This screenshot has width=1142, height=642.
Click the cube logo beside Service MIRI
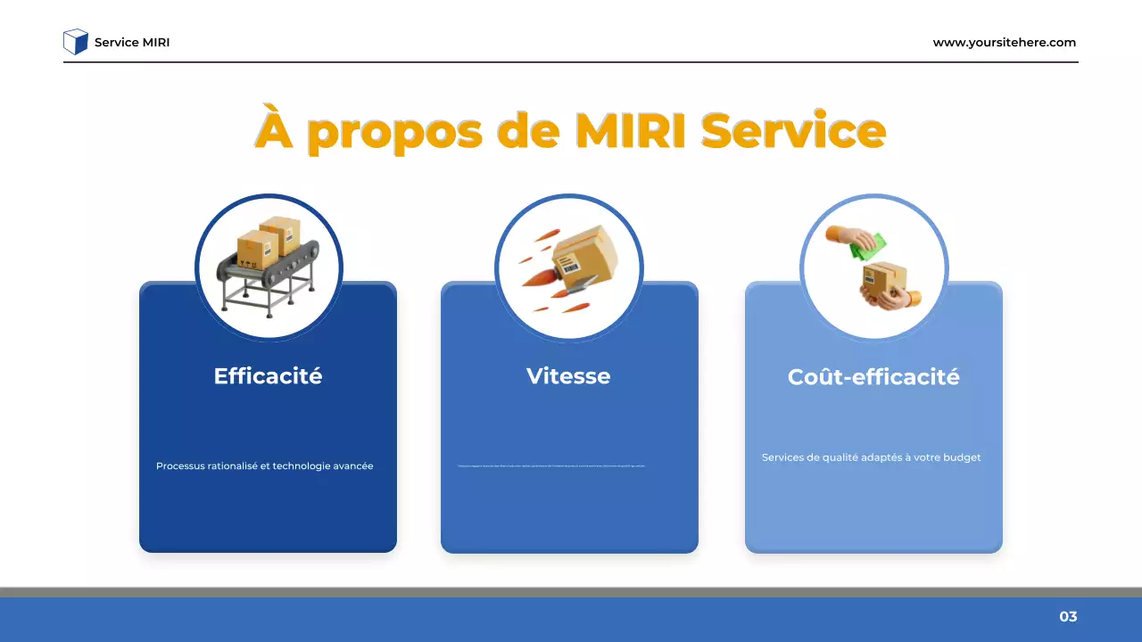76,42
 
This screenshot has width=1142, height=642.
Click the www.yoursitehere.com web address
1004,43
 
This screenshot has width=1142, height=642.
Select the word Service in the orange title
792,130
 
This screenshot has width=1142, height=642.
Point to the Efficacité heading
268,376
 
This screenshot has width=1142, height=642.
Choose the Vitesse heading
568,376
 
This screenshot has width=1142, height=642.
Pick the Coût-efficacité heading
873,377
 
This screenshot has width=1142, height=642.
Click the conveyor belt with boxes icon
268,266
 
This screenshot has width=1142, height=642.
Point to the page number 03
1068,617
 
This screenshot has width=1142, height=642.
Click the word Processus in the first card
180,466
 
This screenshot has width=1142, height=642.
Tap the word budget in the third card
961,457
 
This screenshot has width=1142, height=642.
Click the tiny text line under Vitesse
550,466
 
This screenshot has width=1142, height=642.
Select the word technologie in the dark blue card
302,466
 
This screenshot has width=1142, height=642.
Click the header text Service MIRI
132,43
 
